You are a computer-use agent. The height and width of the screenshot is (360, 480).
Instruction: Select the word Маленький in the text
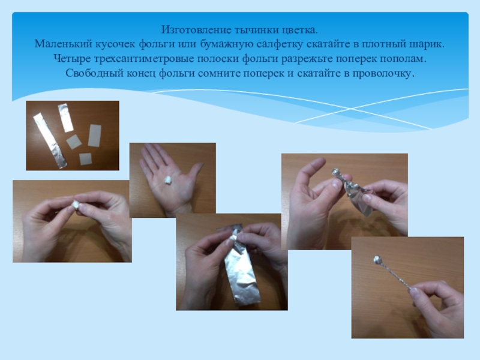pos(63,44)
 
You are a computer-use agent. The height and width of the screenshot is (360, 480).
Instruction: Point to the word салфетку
pos(280,44)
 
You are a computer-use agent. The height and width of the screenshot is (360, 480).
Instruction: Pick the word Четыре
pos(72,58)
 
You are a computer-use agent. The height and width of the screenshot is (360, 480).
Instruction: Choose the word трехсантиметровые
pos(144,58)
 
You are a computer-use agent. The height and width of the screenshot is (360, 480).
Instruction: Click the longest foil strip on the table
pos(50,140)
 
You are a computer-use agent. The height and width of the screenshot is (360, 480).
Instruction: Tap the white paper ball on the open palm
pos(167,179)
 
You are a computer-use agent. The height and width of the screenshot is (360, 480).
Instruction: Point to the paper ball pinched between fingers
pos(76,204)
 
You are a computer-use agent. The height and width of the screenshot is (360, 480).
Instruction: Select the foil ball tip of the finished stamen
pos(377,260)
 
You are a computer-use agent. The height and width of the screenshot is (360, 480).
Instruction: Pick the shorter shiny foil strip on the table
pos(65,118)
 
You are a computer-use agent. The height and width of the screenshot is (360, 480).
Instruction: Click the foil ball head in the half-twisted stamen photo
pos(337,172)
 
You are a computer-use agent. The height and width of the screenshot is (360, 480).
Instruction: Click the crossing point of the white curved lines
pos(351,109)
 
